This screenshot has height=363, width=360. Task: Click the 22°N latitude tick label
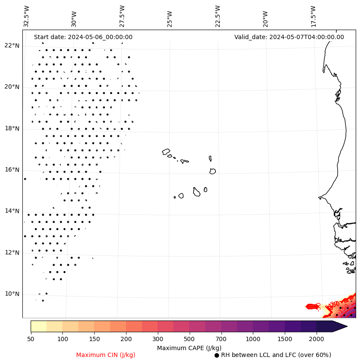click(12, 46)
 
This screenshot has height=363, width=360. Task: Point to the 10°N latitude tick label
click(12, 294)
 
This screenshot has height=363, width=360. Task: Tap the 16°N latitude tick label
click(12, 170)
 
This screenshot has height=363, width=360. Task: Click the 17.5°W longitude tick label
click(314, 16)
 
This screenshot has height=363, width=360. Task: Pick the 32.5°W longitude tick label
click(27, 16)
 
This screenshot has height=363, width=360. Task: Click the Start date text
click(83, 37)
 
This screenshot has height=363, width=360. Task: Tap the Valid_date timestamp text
click(289, 37)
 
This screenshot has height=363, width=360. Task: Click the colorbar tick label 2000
click(316, 339)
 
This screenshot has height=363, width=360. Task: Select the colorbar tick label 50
click(31, 339)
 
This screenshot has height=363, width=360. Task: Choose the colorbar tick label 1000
click(253, 339)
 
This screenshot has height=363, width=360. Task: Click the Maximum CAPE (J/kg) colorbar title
click(189, 348)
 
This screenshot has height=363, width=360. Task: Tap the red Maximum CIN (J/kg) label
click(106, 355)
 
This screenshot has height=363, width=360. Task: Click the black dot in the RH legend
click(217, 355)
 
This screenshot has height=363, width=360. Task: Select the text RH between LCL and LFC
click(276, 355)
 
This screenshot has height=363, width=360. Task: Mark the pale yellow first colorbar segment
click(38, 326)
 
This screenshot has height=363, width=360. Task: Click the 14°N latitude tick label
click(12, 211)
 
